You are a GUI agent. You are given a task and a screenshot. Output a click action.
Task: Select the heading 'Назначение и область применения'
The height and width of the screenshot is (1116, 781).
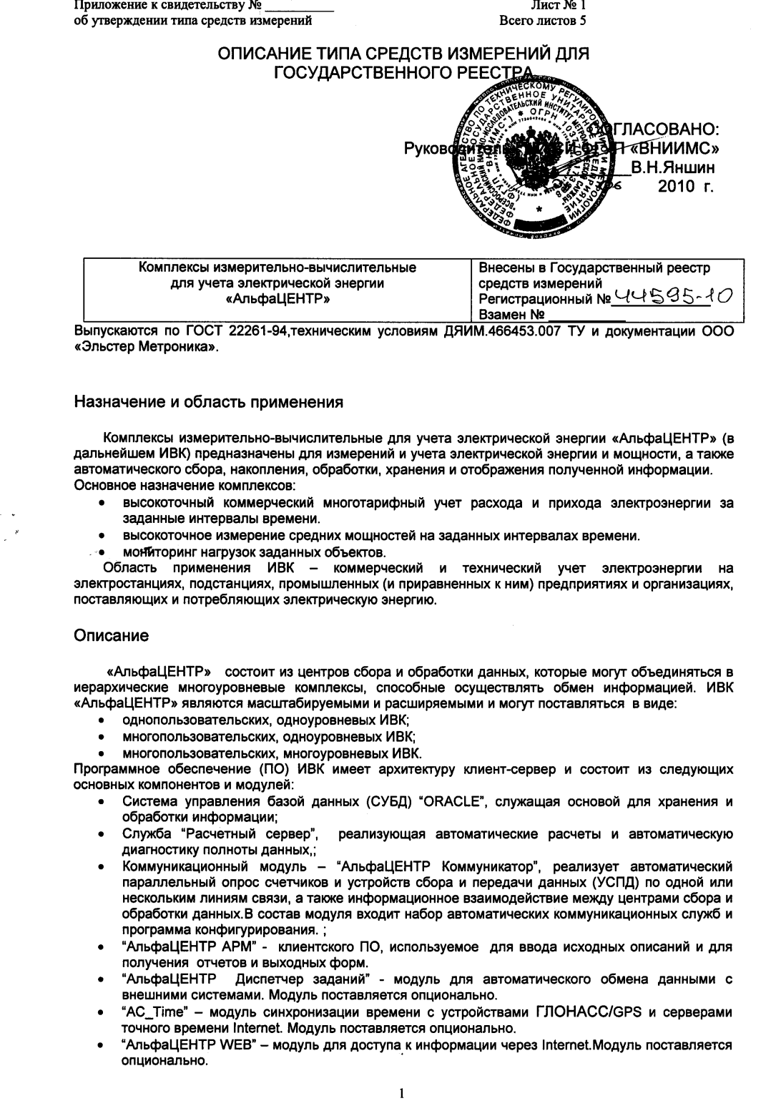209,402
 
